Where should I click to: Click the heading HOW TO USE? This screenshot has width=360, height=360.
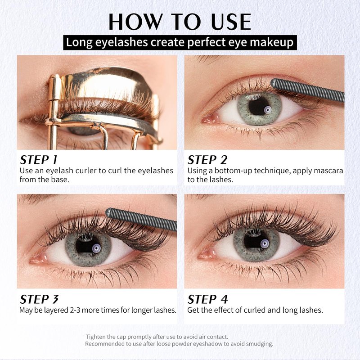pyautogui.click(x=180, y=22)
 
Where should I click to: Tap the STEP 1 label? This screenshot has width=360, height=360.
pyautogui.click(x=38, y=160)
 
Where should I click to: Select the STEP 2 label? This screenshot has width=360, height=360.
pyautogui.click(x=207, y=160)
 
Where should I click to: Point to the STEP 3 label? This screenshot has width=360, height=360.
pyautogui.click(x=39, y=299)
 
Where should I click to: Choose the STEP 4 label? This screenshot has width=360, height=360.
pyautogui.click(x=207, y=299)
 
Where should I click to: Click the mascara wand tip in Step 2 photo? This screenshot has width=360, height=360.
pyautogui.click(x=273, y=83)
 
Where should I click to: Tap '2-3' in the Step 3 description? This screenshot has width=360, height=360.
pyautogui.click(x=74, y=310)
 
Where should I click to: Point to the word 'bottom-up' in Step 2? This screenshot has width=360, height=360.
pyautogui.click(x=234, y=171)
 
